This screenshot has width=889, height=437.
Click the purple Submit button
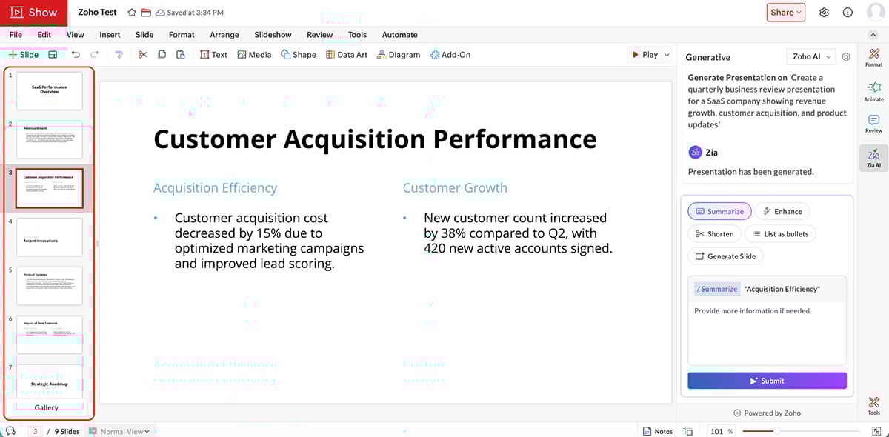coord(767,381)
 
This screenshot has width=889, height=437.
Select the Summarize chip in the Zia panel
coord(719,211)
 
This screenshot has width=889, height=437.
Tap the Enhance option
coord(782,211)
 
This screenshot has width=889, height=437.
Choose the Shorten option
coord(714,233)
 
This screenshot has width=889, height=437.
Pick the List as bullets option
coord(779,233)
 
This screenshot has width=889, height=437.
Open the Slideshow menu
coord(273,35)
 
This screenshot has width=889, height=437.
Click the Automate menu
coord(399,35)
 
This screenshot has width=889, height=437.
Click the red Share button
coord(785,12)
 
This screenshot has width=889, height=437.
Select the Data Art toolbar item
coord(347,55)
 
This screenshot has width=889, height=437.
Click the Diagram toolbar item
coord(399,55)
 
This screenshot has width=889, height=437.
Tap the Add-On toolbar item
coord(450,55)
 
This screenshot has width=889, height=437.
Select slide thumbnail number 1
coord(49,90)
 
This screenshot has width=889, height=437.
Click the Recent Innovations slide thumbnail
coord(49,237)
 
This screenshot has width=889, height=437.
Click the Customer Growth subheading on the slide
coord(455,188)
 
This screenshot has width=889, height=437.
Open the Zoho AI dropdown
coord(810,56)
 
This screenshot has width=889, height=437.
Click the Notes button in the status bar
coord(658,431)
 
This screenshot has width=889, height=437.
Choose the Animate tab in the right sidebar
coord(873,91)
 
